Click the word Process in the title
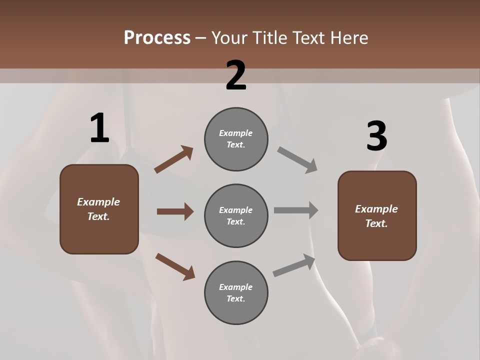pos(157,38)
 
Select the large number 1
pos(99,128)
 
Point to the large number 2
pos(236,75)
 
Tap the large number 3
pos(376,136)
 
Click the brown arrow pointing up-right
pos(173,159)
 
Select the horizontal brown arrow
pos(175,211)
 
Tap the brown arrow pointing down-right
pos(175,266)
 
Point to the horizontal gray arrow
pos(296,210)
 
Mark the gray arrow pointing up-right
pos(294,265)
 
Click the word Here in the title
pos(350,38)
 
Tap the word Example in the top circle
pos(236,133)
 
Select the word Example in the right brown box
pos(376,209)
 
